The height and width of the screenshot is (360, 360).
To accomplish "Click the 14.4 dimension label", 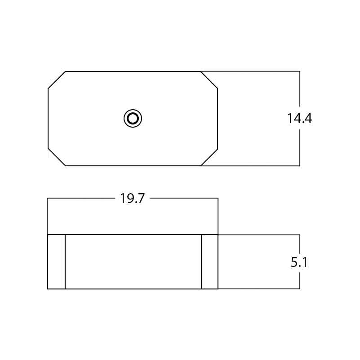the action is point(300,119).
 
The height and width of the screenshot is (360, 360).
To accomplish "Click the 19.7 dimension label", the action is point(133,199).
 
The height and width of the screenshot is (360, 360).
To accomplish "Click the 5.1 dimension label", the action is point(299,262).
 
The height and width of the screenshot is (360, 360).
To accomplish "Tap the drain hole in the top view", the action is point(133,119).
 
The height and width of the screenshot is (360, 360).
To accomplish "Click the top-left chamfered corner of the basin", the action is point(57,80).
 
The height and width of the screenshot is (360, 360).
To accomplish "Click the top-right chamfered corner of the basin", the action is point(209,80).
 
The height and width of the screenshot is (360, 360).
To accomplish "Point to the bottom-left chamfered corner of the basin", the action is point(57,157).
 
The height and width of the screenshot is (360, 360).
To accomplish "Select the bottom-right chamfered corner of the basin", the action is point(209,157).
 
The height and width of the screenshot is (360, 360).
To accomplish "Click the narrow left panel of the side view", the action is point(57,262).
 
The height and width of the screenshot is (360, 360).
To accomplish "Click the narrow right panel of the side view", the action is point(209,262).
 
